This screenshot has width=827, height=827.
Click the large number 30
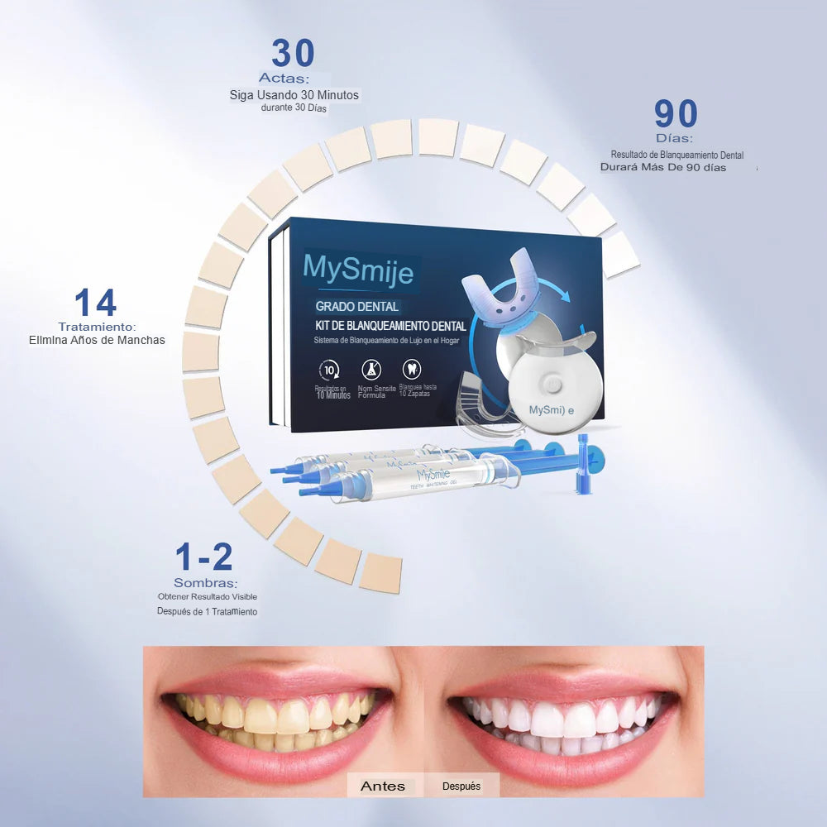293,53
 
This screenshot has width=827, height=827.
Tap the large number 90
676,114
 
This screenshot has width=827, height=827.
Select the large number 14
95,303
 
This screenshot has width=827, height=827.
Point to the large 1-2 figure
203,557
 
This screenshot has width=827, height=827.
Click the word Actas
284,79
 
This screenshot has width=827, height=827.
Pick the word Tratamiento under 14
97,327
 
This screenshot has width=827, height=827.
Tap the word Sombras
205,583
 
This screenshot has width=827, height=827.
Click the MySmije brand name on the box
358,266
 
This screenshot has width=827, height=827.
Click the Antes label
383,786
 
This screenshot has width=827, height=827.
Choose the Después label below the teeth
461,786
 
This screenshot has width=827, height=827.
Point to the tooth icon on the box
411,369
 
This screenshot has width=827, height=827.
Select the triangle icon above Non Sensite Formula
371,370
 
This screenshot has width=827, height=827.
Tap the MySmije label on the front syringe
434,476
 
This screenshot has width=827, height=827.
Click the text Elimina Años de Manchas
97,340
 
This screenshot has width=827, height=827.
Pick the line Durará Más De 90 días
663,168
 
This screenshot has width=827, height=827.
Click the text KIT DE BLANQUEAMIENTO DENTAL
390,327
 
